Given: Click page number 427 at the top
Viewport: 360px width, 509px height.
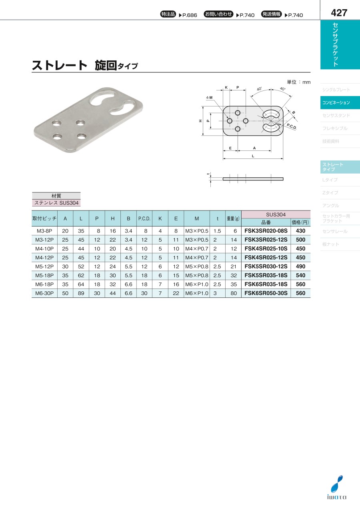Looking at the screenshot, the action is [339, 13].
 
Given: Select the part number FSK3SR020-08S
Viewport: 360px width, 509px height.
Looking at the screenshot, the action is [266, 231].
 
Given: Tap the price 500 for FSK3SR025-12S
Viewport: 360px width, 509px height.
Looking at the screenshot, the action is [300, 240].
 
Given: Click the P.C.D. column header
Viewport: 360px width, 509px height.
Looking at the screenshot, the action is [144, 218].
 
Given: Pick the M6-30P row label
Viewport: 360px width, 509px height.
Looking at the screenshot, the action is [44, 293].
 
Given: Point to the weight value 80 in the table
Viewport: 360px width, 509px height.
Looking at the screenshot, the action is [234, 293].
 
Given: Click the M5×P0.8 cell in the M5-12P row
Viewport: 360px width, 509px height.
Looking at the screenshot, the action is [197, 267].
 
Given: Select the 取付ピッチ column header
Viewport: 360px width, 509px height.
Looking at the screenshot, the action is [44, 218].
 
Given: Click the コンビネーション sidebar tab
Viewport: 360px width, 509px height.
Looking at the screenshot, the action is [336, 102].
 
